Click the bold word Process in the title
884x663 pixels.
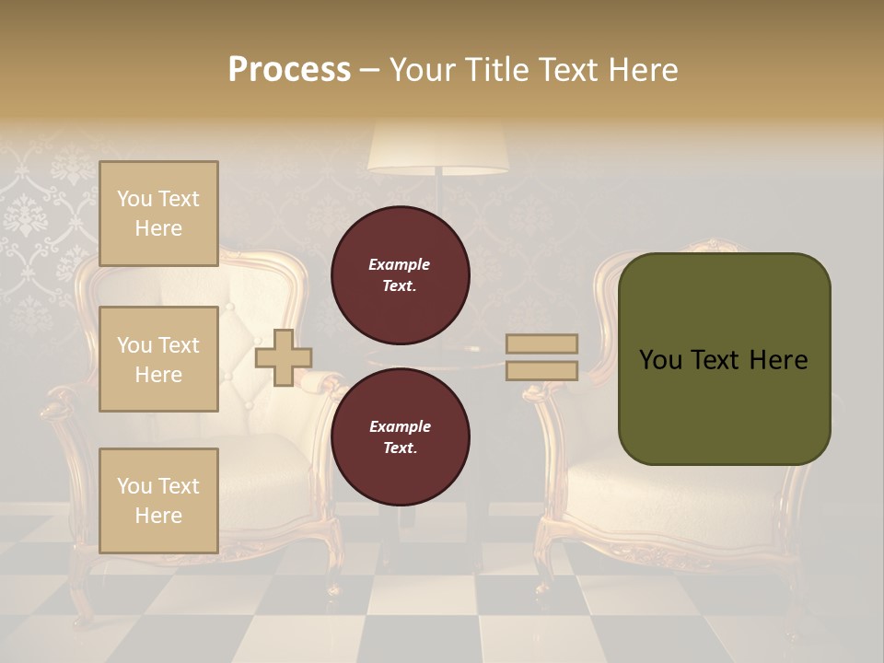[289, 70]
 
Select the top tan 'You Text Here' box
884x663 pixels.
[158, 214]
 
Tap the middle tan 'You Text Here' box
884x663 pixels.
[158, 359]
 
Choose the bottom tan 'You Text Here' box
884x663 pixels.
[158, 500]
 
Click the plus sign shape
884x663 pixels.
[283, 357]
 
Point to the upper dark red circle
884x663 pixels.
[400, 275]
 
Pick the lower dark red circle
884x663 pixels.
[400, 437]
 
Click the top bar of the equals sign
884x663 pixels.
[541, 344]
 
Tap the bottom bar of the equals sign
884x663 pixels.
[541, 370]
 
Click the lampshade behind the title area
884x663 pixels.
[438, 147]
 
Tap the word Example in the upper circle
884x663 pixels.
[399, 264]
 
